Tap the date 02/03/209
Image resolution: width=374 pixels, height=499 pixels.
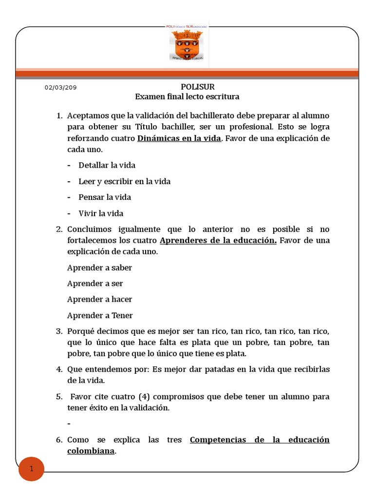tap(60, 88)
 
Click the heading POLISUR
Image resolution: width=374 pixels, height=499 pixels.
tap(187, 87)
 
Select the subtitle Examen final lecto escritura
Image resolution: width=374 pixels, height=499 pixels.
tap(187, 96)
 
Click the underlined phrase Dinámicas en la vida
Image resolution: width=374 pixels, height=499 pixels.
tap(179, 138)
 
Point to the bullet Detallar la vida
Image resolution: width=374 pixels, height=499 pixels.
tap(107, 165)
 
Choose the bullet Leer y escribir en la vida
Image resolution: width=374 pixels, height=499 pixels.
tap(124, 181)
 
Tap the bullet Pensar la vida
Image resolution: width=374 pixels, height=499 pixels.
tap(105, 197)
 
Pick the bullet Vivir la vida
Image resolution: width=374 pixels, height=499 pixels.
tap(101, 213)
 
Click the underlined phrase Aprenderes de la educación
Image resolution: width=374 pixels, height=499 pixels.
tap(218, 240)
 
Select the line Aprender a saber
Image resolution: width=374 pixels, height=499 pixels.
tap(99, 268)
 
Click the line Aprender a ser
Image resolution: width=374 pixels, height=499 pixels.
tap(95, 283)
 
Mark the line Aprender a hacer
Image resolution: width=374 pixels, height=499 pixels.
tap(99, 299)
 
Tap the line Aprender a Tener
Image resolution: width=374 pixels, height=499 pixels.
tap(100, 315)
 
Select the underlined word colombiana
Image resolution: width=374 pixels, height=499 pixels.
tap(91, 451)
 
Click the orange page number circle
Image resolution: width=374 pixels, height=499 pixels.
tap(31, 469)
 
